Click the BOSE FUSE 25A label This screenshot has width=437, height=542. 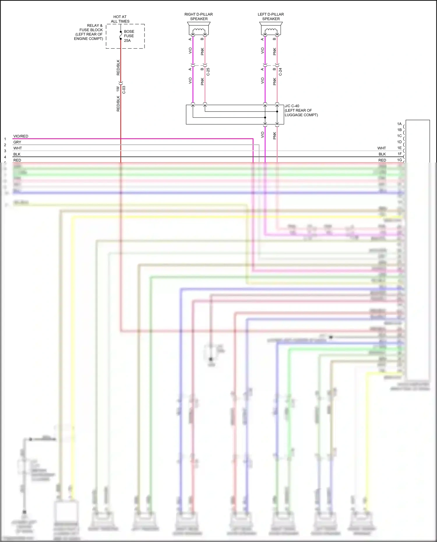[129, 36]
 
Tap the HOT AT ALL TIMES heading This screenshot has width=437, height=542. [120, 19]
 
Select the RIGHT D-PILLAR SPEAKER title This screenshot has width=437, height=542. [199, 17]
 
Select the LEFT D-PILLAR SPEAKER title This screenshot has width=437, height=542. [271, 17]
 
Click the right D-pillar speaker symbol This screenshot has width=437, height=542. [199, 29]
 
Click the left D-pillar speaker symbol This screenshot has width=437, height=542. [271, 29]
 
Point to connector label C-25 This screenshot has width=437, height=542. [208, 72]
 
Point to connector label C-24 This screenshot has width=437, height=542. [280, 72]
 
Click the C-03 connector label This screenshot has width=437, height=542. [124, 90]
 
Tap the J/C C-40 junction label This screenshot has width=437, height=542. [292, 106]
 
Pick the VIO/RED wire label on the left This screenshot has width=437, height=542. [21, 136]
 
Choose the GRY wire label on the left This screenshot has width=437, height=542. [17, 142]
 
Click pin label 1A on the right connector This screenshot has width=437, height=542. [399, 124]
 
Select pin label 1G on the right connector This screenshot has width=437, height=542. [399, 160]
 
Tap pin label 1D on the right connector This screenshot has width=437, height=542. [399, 142]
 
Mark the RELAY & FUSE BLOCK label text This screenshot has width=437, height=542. [89, 32]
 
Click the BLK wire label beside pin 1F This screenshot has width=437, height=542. [382, 154]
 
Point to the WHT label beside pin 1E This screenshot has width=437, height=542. [382, 148]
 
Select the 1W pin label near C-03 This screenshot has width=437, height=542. [118, 88]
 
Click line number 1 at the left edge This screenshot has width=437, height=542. [5, 139]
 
